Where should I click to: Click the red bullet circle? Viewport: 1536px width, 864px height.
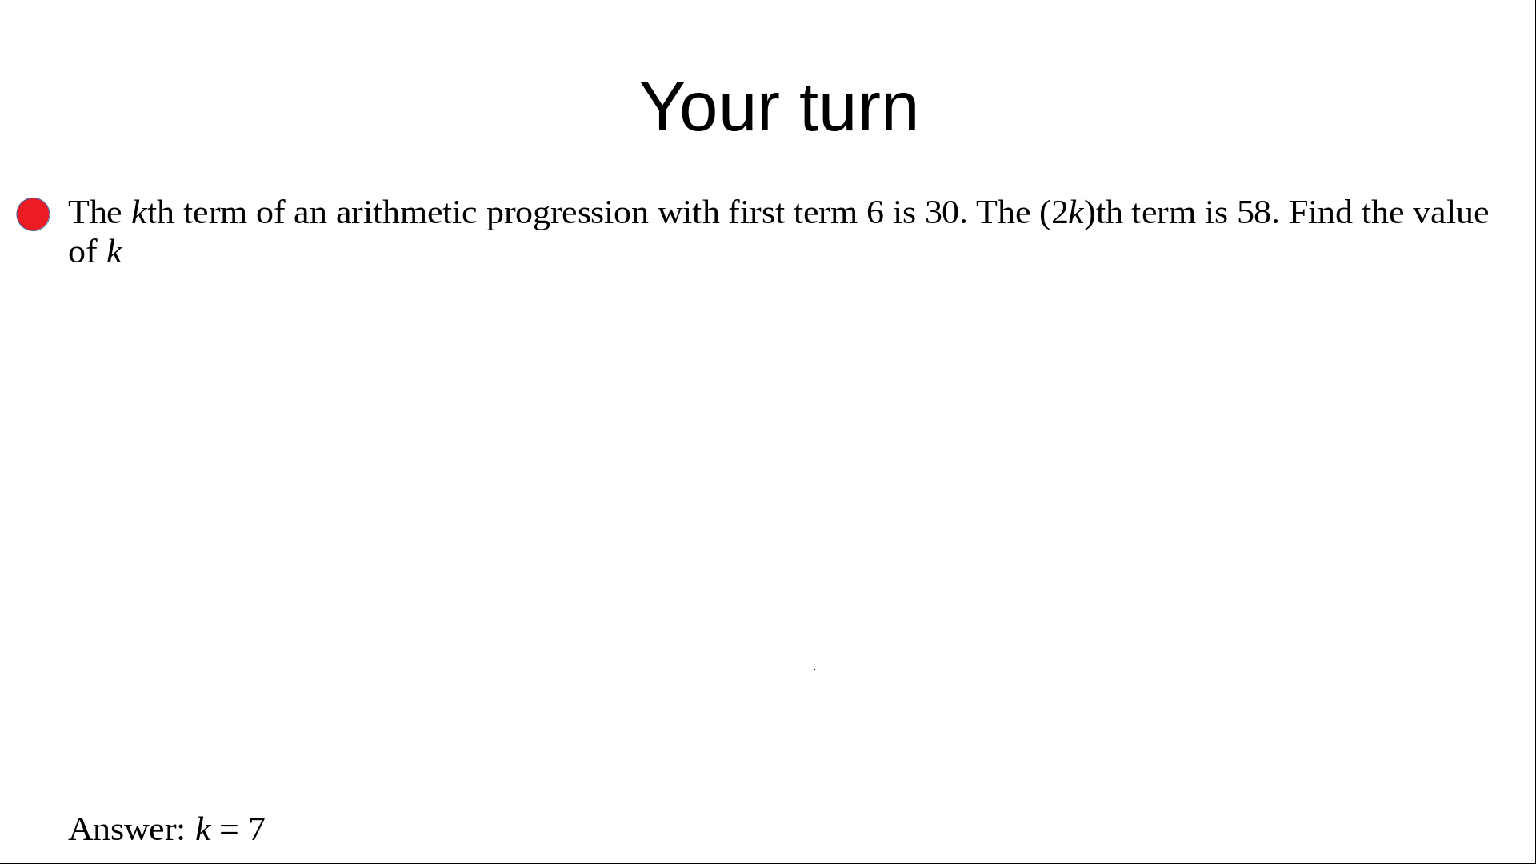33,214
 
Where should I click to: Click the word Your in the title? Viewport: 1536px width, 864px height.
710,107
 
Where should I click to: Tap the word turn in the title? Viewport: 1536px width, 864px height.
859,107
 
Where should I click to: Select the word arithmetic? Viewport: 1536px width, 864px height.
406,213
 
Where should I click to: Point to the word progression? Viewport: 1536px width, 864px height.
567,214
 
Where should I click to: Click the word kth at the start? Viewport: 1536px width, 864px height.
152,213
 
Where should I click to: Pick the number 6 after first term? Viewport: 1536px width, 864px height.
875,213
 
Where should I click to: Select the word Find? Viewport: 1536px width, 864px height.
1321,213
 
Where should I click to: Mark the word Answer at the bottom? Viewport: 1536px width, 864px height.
127,830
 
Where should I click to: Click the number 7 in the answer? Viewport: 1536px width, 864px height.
257,830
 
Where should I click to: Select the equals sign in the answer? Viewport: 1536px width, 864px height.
229,830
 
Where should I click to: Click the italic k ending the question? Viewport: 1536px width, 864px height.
114,252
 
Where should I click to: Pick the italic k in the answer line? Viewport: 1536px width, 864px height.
203,830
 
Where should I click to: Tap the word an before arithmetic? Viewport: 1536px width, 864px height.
310,214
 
